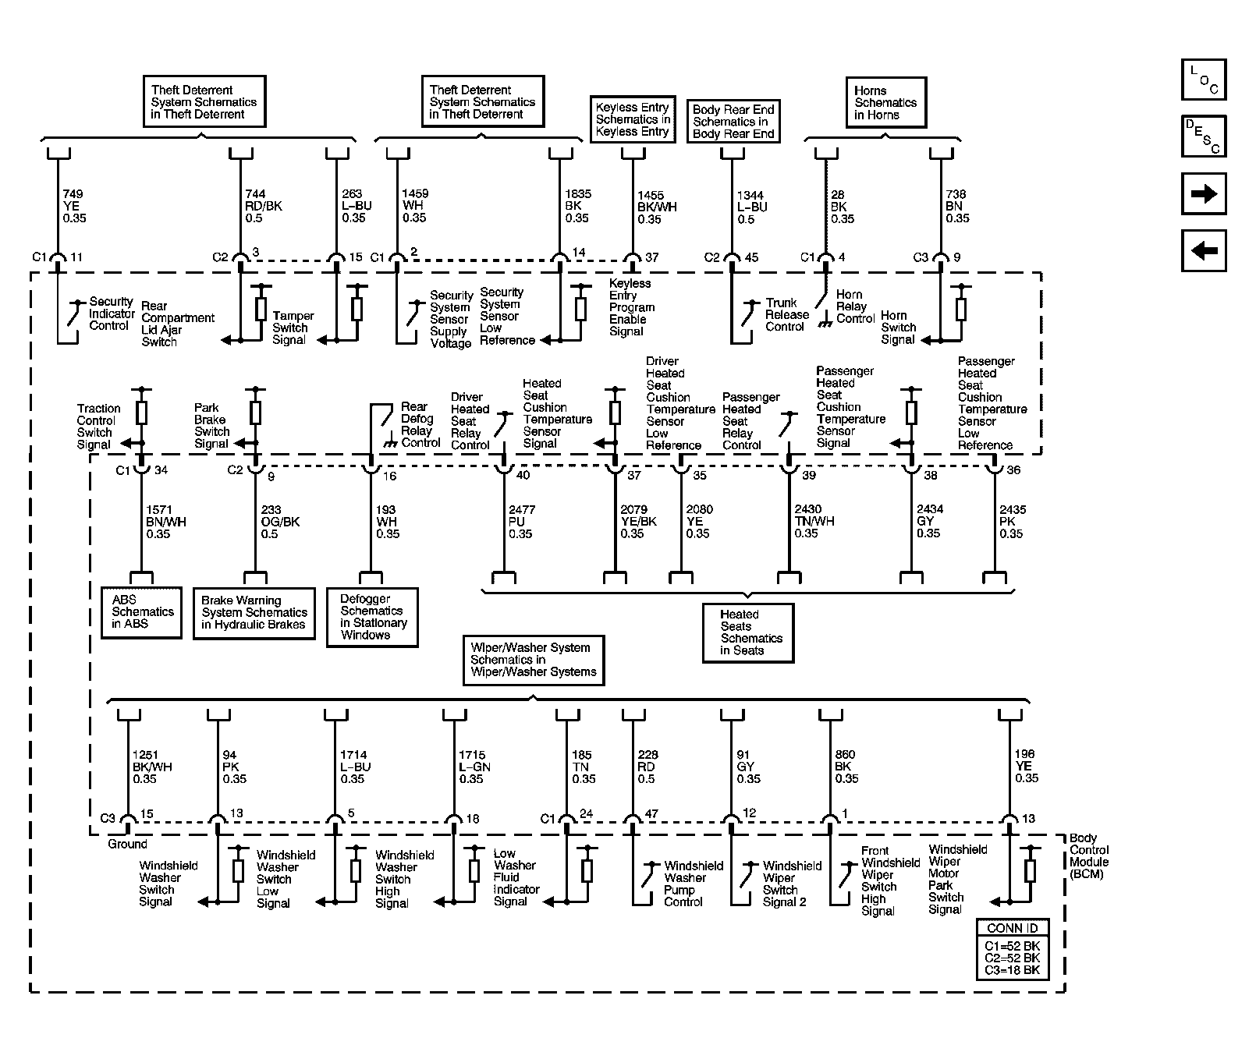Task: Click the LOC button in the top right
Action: [1203, 80]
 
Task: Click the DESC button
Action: [1203, 136]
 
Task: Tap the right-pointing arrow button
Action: [1203, 193]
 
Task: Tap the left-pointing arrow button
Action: [1203, 250]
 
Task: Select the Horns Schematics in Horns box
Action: [885, 102]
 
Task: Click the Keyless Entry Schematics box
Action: [632, 119]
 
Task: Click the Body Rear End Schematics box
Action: [733, 122]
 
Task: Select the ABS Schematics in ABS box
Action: [142, 612]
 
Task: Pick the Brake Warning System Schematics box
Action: [254, 613]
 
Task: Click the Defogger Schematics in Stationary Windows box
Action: [372, 617]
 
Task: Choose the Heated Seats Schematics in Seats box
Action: [747, 632]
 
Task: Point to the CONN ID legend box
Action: [1012, 949]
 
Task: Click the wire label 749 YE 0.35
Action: [74, 206]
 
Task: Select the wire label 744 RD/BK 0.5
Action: [263, 206]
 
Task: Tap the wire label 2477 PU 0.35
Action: [522, 522]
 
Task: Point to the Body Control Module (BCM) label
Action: [1089, 856]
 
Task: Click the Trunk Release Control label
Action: [786, 314]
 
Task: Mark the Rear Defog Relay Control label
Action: [419, 425]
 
